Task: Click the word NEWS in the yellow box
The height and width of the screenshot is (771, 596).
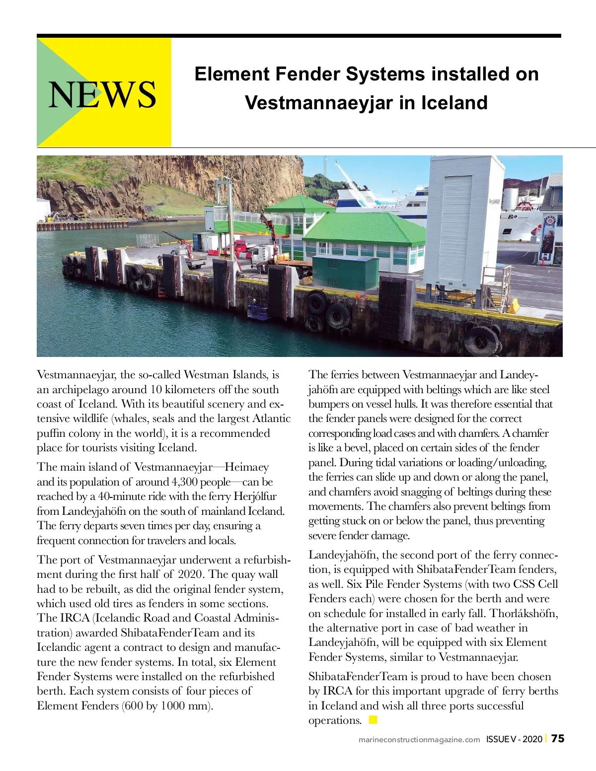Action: click(x=102, y=94)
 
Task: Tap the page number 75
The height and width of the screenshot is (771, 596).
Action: click(x=558, y=739)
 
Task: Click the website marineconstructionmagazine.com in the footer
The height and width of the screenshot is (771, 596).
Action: click(x=419, y=740)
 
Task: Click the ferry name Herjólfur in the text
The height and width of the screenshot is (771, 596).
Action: click(x=255, y=496)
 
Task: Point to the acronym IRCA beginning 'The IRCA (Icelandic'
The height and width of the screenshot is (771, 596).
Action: click(x=75, y=618)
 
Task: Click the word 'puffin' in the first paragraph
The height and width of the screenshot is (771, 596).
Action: click(x=51, y=433)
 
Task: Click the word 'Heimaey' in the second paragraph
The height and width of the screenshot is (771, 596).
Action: click(x=247, y=467)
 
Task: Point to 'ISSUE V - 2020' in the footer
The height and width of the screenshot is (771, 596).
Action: click(x=514, y=739)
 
